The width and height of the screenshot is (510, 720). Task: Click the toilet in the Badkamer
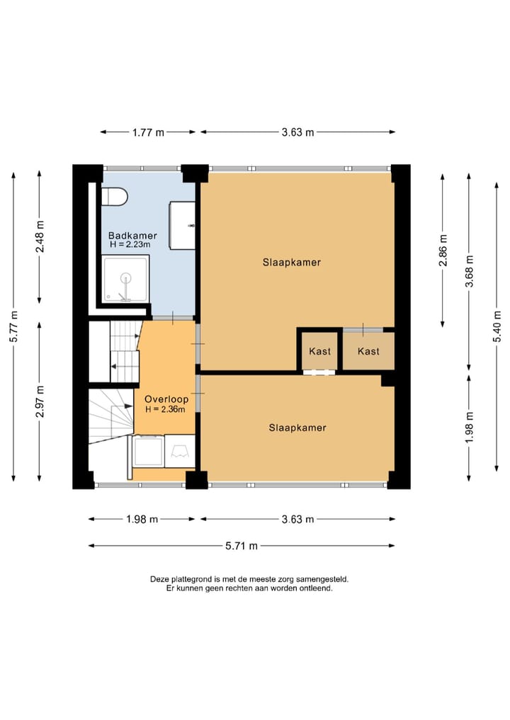tap(114, 197)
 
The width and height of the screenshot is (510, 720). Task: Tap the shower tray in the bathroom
tap(125, 279)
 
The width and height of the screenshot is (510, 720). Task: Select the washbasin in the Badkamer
tap(183, 225)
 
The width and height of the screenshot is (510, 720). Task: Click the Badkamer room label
tap(132, 236)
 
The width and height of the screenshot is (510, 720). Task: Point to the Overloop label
tap(166, 399)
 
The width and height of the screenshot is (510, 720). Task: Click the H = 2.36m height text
tap(166, 409)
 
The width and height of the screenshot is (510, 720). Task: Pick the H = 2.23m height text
tap(130, 245)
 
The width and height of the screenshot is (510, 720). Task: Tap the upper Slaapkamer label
tap(291, 263)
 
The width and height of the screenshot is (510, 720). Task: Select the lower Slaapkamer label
tap(297, 428)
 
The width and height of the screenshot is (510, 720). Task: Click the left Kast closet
tap(319, 351)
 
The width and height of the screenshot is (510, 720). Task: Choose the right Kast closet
tap(368, 351)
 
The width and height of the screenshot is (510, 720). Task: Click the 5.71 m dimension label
tap(242, 546)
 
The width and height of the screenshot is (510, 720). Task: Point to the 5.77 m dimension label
tap(13, 326)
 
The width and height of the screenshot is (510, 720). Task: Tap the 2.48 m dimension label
tap(40, 236)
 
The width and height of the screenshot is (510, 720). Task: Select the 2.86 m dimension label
tap(443, 250)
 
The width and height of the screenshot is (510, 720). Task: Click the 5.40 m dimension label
tap(497, 326)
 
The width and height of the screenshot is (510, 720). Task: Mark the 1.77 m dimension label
tap(148, 132)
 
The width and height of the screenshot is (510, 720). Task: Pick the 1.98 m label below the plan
tap(142, 520)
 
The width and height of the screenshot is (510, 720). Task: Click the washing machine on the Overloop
tap(149, 452)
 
